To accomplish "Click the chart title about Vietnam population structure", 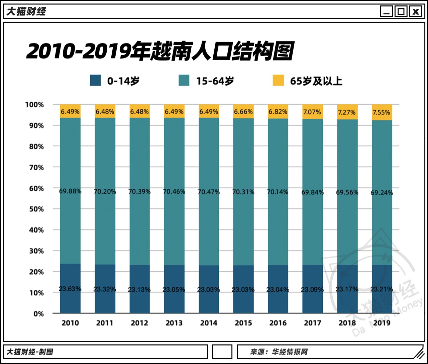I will (160, 52).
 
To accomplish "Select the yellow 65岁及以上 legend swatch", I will (278, 81).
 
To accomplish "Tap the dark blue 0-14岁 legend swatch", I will (95, 81).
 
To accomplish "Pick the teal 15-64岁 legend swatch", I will (184, 81).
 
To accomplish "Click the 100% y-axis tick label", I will (34, 105).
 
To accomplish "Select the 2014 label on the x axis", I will (209, 323).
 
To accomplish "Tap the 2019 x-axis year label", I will (382, 323).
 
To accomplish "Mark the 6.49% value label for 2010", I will (70, 112).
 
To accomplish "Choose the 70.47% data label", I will (209, 192).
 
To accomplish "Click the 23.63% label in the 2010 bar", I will (70, 289).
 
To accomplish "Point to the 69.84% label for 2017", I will (313, 192).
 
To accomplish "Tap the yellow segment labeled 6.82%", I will (278, 112).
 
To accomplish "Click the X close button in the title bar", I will (416, 12).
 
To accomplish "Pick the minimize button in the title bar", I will (386, 12).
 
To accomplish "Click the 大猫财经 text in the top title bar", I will (26, 12).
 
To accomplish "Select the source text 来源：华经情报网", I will (279, 352).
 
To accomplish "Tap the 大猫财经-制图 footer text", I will (30, 352).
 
